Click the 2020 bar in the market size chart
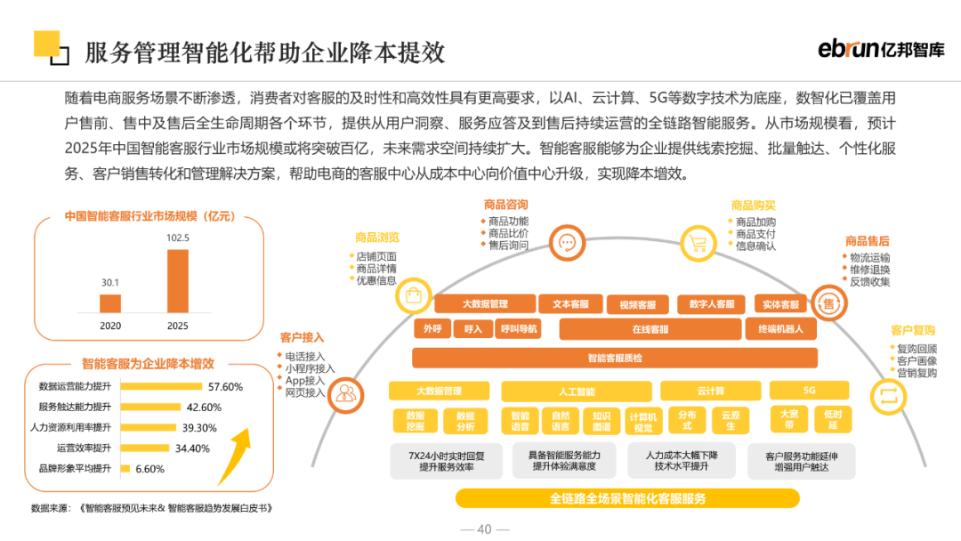pos(110,303)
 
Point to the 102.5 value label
pos(178,238)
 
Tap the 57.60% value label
pos(225,387)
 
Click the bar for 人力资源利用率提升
pos(147,427)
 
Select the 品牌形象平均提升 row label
pos(74,468)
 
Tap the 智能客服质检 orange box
pos(614,358)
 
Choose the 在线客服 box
pos(650,329)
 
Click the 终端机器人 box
pos(780,329)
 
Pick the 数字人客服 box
pos(711,304)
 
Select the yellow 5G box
pos(809,391)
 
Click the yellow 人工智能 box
pos(576,391)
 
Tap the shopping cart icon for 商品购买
pos(699,243)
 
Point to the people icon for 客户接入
pos(346,393)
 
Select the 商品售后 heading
pos(867,241)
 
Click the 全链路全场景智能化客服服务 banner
pos(627,498)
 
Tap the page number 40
pos(484,529)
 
